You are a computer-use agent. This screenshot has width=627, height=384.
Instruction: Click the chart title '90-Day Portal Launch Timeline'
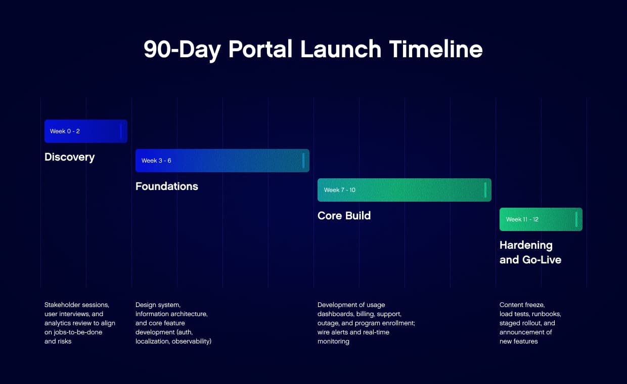point(313,50)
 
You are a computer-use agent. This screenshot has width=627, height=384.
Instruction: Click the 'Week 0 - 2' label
point(65,131)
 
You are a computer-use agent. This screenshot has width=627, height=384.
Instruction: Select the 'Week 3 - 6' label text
point(156,161)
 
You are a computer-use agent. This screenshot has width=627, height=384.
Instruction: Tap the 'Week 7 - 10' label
point(339,190)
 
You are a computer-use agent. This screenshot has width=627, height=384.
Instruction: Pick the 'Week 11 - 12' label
point(522,219)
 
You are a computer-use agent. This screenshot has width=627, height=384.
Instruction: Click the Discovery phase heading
point(69,157)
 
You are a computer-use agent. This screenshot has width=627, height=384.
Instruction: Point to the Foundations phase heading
point(166,186)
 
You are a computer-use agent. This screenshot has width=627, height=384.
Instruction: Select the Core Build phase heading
point(344,216)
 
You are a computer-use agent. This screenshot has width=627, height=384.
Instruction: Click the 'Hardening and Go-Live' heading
point(530,252)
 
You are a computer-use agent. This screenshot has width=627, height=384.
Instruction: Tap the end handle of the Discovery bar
point(121,131)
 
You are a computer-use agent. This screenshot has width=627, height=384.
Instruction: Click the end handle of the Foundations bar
point(303,161)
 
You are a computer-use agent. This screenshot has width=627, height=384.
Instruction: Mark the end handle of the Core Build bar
point(485,190)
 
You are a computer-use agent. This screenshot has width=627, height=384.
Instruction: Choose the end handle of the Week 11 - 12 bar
point(576,219)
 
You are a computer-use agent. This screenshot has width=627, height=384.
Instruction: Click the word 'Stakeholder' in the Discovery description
point(62,305)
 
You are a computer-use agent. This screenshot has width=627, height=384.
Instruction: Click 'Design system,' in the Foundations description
point(157,305)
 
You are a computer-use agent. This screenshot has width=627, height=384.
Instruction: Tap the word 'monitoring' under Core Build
point(333,341)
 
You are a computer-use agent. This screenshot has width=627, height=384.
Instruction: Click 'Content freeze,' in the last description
point(521,305)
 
